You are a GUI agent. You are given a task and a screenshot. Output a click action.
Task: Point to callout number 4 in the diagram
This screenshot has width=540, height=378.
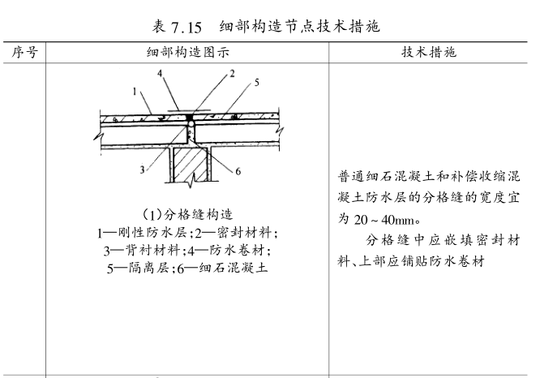tap(161, 72)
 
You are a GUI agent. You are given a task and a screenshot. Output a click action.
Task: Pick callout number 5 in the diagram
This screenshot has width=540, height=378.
tap(255, 82)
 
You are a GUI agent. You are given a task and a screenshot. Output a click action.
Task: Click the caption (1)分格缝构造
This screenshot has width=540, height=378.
tap(187, 215)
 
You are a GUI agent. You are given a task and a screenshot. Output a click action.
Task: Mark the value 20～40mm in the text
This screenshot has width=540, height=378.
tap(376, 218)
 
